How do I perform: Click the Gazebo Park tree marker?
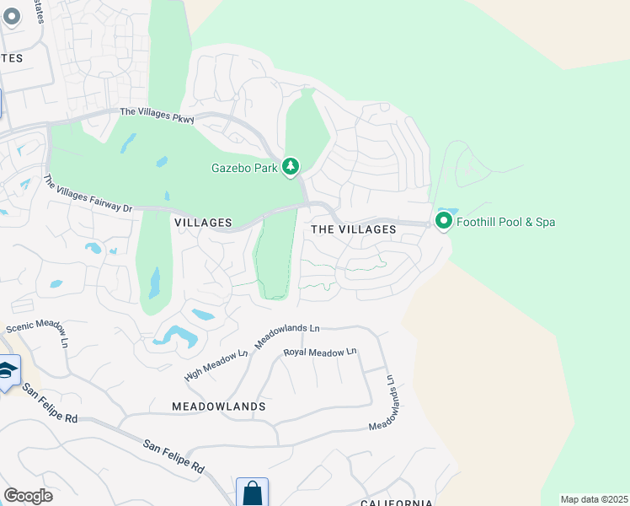point(291,166)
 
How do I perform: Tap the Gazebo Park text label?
point(244,167)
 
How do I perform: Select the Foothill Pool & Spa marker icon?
point(443,221)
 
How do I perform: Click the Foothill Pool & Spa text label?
point(505,223)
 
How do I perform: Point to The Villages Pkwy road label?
point(157,115)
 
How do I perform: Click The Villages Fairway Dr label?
point(88,194)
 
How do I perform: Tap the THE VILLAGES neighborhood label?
point(353,229)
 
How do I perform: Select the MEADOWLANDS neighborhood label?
point(218,406)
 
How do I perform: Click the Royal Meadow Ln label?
point(320,352)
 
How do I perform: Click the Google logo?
point(28,496)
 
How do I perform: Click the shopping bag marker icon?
point(252,492)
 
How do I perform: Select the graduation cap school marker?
point(7,372)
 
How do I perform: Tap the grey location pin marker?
point(12,17)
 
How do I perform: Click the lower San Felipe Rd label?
point(174,455)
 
